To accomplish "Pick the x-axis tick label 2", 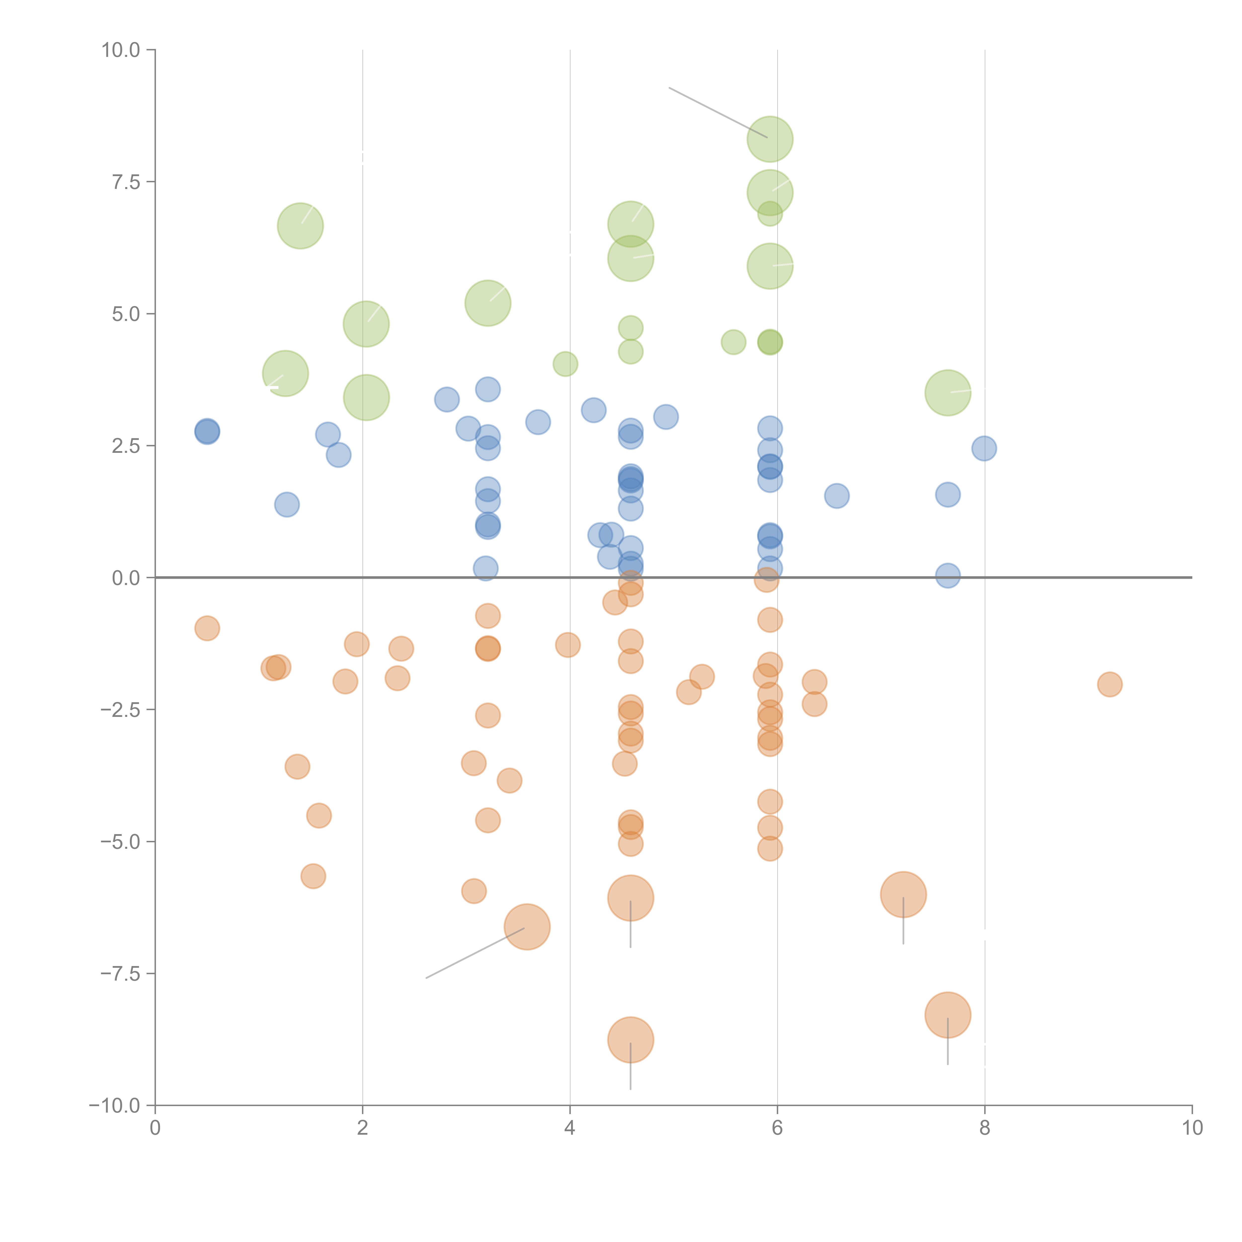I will [x=363, y=1128].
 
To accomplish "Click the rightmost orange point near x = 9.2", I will [x=1110, y=684].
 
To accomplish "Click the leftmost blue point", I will [x=207, y=431].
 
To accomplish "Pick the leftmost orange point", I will [x=207, y=628].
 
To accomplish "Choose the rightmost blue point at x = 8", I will [x=984, y=448].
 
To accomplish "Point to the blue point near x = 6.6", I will [x=836, y=496].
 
